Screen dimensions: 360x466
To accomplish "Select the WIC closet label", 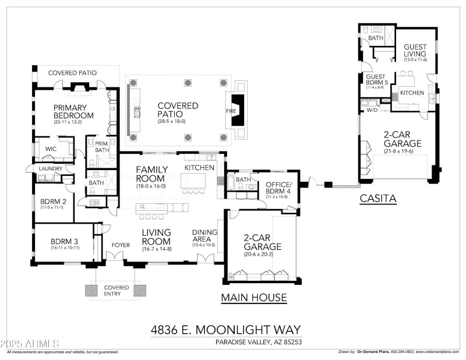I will tap(51, 150).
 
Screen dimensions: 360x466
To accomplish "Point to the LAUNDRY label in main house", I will tap(51, 169).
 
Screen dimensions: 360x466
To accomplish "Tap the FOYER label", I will tap(121, 245).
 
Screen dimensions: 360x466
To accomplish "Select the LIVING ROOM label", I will tap(157, 237).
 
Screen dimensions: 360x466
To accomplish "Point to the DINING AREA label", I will tap(204, 237).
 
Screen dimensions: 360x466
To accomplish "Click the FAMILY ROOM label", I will tap(151, 174).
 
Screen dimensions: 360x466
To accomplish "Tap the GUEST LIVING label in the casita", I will tap(415, 51).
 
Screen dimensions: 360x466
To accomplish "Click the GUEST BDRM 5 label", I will tap(376, 80).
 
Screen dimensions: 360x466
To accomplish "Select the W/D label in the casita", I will tap(370, 109).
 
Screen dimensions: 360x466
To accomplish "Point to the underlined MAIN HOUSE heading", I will tap(254, 298).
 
